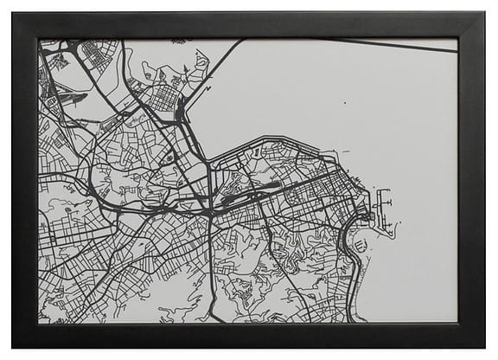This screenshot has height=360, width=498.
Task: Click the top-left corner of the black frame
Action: (x=13, y=13)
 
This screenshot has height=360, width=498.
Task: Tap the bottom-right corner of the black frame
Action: (x=484, y=347)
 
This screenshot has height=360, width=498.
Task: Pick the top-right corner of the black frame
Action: (x=484, y=13)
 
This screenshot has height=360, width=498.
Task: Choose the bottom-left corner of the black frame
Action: (x=13, y=347)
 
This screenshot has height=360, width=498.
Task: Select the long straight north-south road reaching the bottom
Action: (x=210, y=277)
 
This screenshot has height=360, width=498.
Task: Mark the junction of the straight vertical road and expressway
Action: (x=210, y=210)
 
